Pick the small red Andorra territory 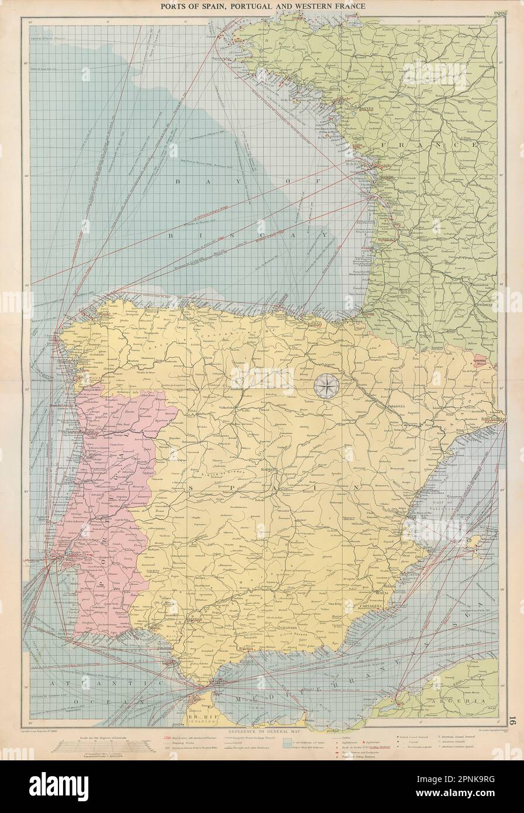480,360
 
